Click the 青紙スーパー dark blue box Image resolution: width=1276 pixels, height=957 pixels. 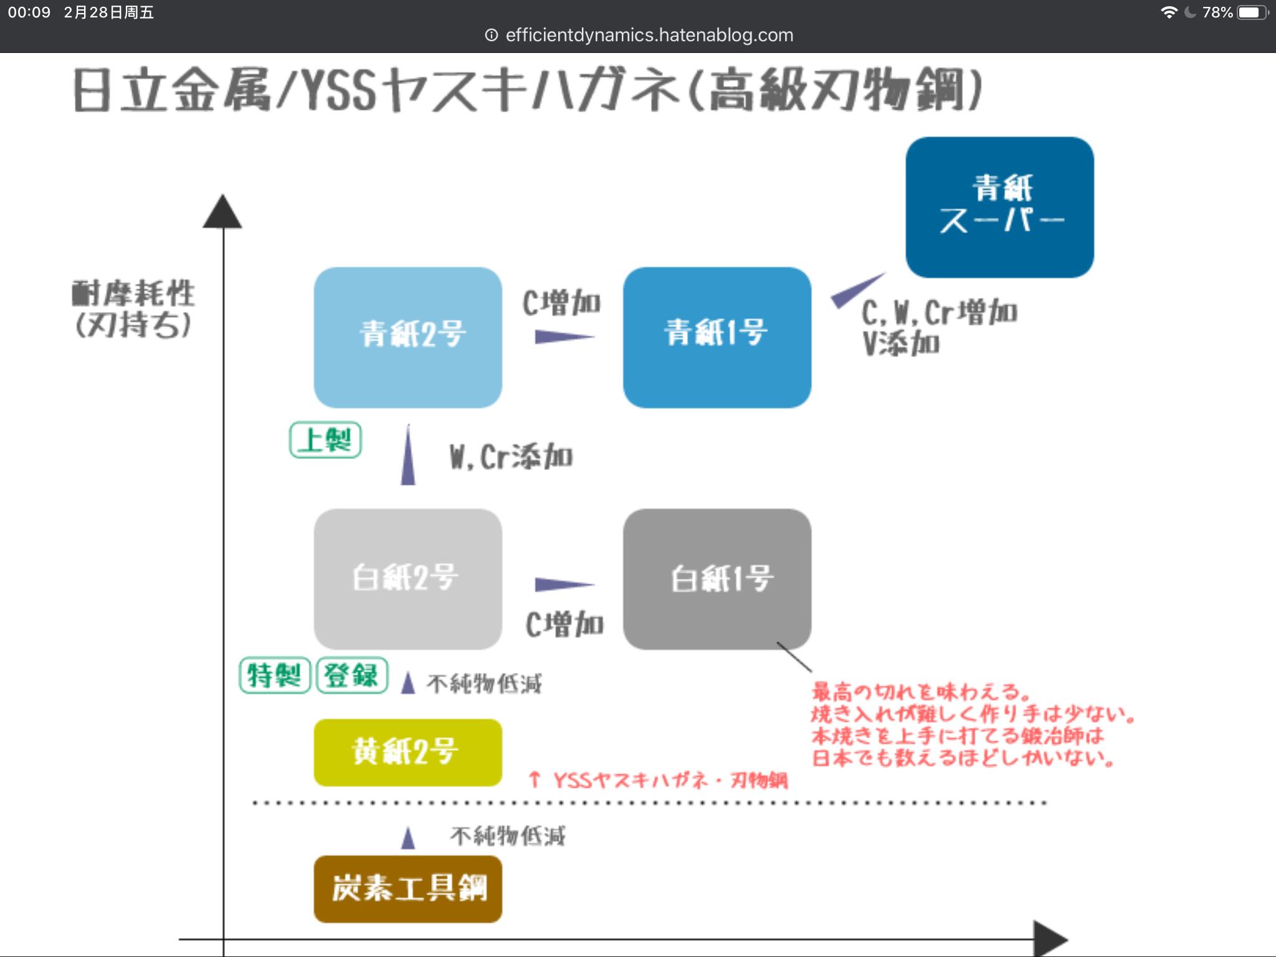coord(999,207)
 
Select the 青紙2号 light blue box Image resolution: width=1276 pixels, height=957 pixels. coord(408,337)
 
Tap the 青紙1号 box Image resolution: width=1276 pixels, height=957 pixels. coord(717,337)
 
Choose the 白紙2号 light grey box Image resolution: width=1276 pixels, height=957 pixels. coord(408,579)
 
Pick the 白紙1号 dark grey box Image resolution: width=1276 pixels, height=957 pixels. coord(717,579)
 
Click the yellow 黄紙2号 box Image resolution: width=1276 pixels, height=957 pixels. coord(408,752)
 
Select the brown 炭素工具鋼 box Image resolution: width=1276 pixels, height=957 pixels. coord(408,888)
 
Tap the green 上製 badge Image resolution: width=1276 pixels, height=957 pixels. coord(325,440)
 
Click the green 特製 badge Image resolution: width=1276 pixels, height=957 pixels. coord(275,675)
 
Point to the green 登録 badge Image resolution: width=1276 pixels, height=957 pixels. coord(352,675)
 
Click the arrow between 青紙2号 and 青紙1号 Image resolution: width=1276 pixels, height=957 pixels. coord(563,337)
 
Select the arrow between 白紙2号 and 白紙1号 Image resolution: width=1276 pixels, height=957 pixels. coord(563,584)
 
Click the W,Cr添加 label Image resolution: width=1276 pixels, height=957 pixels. coord(511,457)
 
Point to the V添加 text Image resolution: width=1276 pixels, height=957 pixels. coord(901,343)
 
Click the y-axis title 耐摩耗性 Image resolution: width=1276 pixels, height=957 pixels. coord(133,293)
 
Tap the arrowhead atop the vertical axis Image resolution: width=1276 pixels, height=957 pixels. coord(222,212)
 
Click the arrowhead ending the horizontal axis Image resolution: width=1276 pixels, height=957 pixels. coord(1050,938)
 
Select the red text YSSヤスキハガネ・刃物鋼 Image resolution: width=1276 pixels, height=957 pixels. coord(670,780)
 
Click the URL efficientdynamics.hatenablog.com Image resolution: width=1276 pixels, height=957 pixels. coord(649,35)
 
